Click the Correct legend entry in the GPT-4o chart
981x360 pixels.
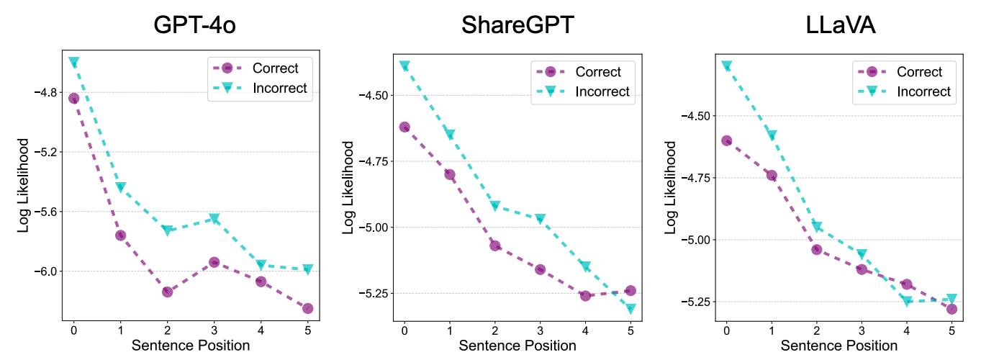pos(275,68)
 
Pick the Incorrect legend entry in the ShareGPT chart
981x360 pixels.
pos(602,91)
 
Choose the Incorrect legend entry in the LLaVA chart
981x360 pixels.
pos(923,91)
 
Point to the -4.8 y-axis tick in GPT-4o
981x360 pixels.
pos(48,93)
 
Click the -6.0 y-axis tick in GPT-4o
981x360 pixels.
pos(48,271)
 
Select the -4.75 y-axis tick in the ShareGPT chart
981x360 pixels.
pos(372,161)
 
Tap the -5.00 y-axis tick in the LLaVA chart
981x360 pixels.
pos(695,240)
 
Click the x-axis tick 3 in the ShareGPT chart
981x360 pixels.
pos(540,330)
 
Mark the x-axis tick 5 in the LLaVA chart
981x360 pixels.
pos(952,330)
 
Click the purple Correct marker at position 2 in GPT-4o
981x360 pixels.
pos(167,292)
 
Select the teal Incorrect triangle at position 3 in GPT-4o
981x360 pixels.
pos(214,219)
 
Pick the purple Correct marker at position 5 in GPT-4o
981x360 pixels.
pos(307,308)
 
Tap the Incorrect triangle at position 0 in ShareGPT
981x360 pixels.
pos(404,66)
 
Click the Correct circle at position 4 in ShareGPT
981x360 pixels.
pos(585,296)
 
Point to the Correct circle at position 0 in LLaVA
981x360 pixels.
pos(727,141)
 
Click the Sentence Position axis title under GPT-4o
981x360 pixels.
pos(191,346)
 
